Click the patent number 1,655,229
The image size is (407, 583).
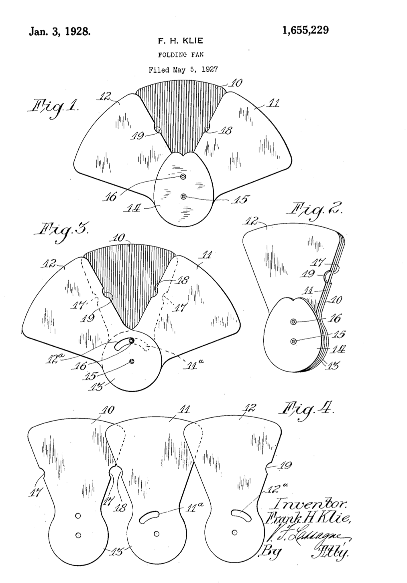305,30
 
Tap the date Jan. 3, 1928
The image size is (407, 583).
60,32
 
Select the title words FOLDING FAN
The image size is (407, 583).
183,55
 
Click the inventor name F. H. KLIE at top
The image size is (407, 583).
183,41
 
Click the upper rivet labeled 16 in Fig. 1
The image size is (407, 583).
183,177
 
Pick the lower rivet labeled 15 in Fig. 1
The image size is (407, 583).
183,197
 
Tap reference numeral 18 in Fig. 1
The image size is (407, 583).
226,131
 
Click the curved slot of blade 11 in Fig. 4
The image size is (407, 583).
149,517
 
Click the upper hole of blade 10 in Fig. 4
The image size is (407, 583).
78,515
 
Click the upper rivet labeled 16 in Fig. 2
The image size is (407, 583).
293,321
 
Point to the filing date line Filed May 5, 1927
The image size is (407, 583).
183,70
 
